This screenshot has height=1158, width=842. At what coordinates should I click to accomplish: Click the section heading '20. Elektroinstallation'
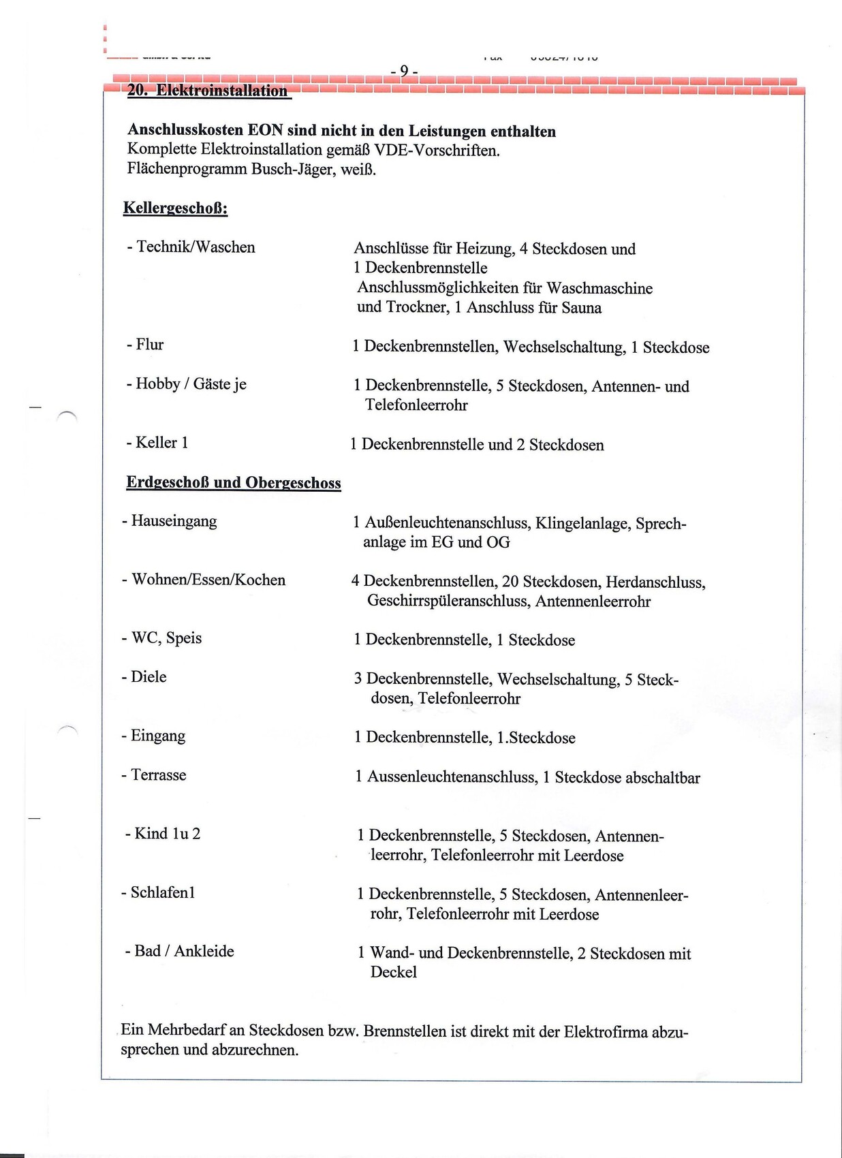click(x=208, y=91)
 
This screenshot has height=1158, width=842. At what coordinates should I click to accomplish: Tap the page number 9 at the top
click(x=404, y=71)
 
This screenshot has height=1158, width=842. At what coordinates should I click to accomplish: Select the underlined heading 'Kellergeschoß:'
click(x=175, y=208)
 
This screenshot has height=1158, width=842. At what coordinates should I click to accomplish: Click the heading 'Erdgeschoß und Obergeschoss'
click(x=233, y=483)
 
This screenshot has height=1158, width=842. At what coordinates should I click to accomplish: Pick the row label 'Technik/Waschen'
click(x=196, y=247)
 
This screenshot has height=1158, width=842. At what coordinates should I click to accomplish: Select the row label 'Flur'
click(x=149, y=345)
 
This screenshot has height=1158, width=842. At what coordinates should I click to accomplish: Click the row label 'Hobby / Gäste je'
click(x=191, y=384)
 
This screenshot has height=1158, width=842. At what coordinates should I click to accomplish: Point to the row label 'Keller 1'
click(x=161, y=443)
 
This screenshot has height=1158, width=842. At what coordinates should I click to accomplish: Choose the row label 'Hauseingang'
click(x=174, y=522)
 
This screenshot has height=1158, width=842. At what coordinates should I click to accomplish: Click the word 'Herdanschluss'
click(x=655, y=582)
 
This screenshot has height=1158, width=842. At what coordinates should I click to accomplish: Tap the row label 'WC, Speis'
click(x=166, y=638)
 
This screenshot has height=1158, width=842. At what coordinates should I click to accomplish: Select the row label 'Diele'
click(x=149, y=677)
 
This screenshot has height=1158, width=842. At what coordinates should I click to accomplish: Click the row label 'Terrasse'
click(x=158, y=775)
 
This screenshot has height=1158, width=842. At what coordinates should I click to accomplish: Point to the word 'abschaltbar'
click(x=662, y=778)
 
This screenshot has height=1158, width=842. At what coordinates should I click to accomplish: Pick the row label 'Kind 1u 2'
click(x=167, y=834)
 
